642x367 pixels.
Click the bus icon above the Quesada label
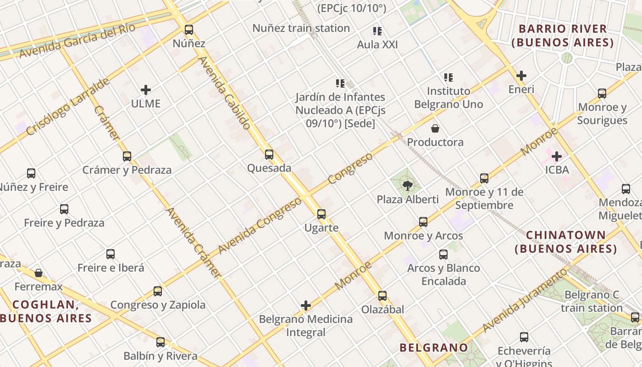coord(269,155)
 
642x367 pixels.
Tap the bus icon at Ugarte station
coord(321,214)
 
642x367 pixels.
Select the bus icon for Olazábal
coord(382,296)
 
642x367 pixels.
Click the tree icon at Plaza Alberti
coord(407,186)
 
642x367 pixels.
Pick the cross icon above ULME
coord(146,90)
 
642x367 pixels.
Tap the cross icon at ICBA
coord(557,156)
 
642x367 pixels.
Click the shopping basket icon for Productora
coord(435,128)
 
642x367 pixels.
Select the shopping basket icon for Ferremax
coord(39,273)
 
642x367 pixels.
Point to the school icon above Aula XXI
coord(377,31)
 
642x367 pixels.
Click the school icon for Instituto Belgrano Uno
coord(448,78)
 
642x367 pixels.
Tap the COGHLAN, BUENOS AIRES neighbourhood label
coord(46,311)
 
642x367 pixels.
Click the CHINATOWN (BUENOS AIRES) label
coord(565,242)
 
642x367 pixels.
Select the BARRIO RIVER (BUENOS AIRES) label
coord(563,36)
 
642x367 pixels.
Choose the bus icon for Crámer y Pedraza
coord(127,156)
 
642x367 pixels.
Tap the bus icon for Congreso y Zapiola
coord(158,291)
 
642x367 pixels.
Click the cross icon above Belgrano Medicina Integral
coord(306,306)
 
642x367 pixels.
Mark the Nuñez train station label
coord(301,28)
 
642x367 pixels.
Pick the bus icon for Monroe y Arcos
coord(423,222)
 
